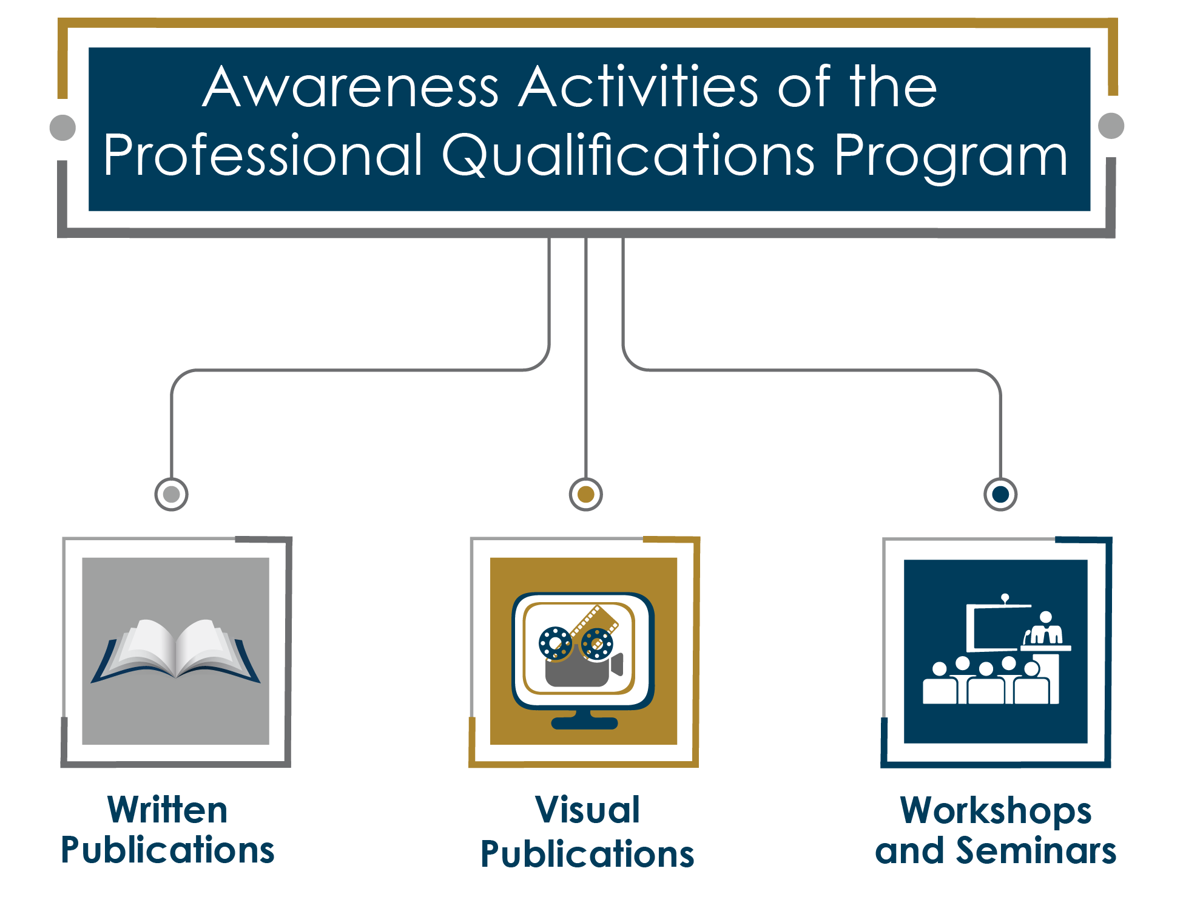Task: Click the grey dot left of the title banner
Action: coord(62,127)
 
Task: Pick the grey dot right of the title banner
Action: coord(1111,126)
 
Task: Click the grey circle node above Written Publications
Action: coord(172,494)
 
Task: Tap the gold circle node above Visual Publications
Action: coord(586,494)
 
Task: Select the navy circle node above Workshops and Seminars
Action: coord(1000,494)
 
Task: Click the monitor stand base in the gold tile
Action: coord(584,723)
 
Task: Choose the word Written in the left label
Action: coord(167,810)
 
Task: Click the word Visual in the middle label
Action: coord(587,810)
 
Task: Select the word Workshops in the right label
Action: coord(996,812)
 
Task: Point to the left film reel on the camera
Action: coord(555,643)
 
